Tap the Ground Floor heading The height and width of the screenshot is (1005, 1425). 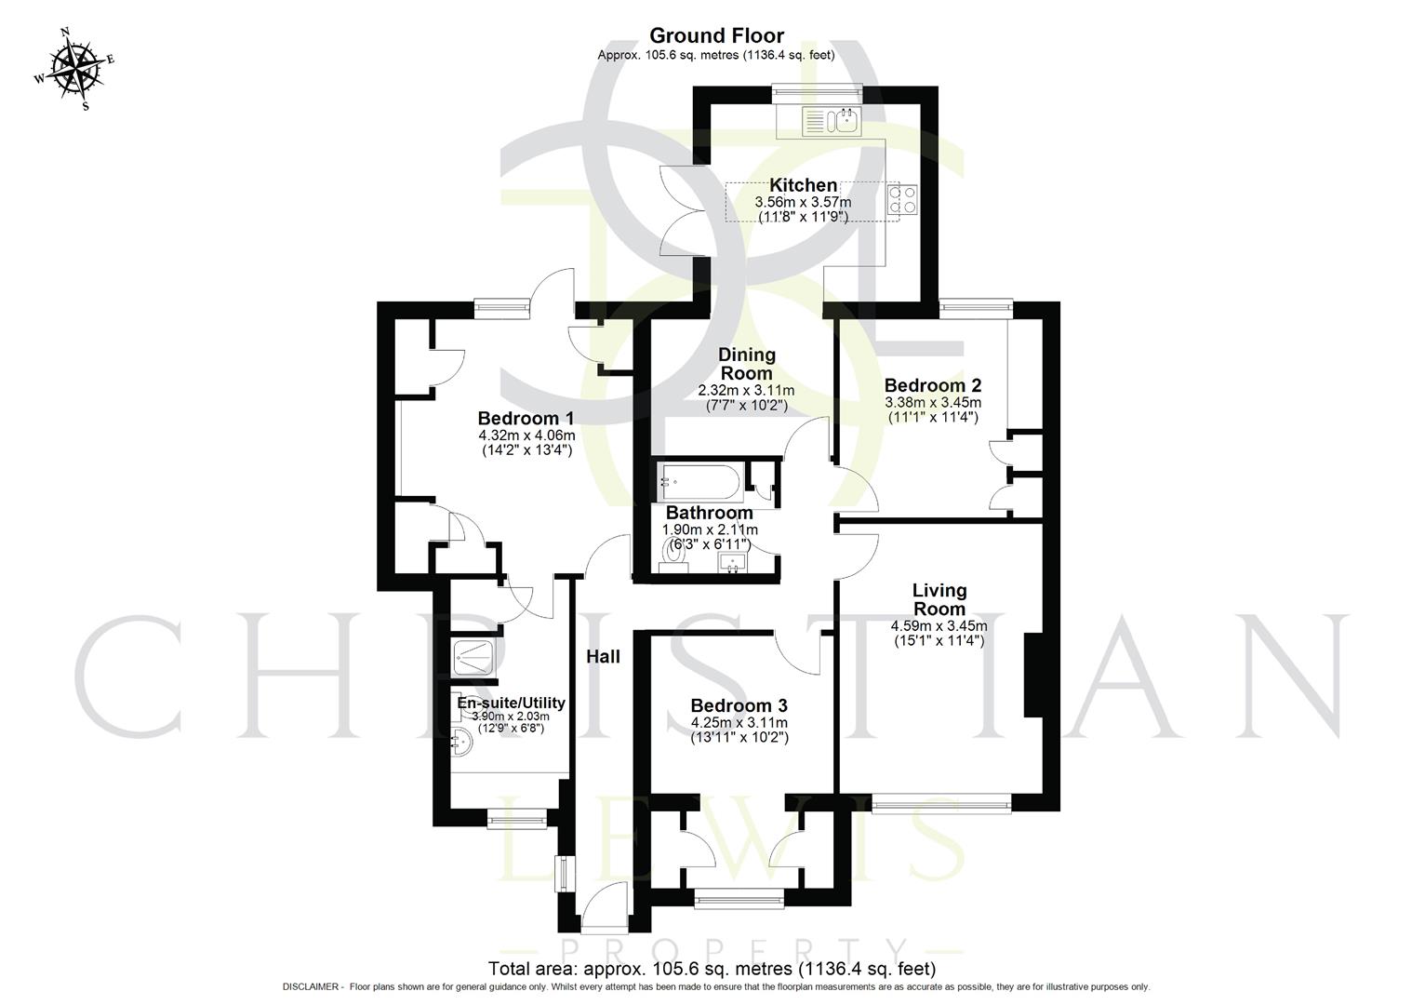[x=715, y=35]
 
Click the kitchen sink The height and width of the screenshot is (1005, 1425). [x=833, y=121]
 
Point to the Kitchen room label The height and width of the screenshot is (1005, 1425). [x=803, y=185]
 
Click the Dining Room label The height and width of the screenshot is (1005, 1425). [x=746, y=364]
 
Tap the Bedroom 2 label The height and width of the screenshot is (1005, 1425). [x=932, y=385]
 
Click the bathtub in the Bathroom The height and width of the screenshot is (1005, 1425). [x=700, y=482]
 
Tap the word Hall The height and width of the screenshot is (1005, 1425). [x=603, y=656]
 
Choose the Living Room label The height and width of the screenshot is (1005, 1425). [x=939, y=599]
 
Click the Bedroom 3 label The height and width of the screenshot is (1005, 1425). [x=739, y=705]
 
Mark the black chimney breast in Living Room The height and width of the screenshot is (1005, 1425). [x=1031, y=676]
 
